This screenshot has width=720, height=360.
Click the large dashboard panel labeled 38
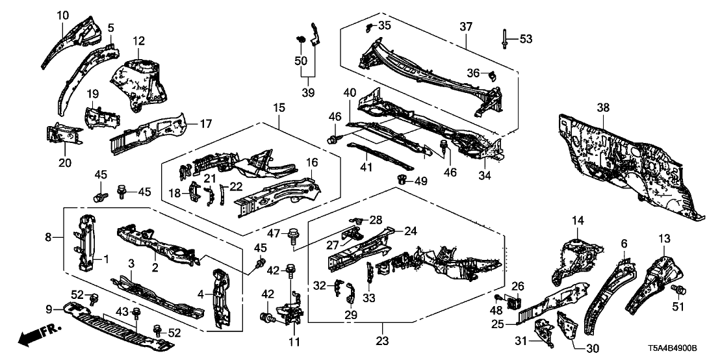click(x=624, y=162)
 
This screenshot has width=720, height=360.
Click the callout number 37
click(x=465, y=27)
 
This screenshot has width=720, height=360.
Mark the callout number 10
click(x=62, y=14)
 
